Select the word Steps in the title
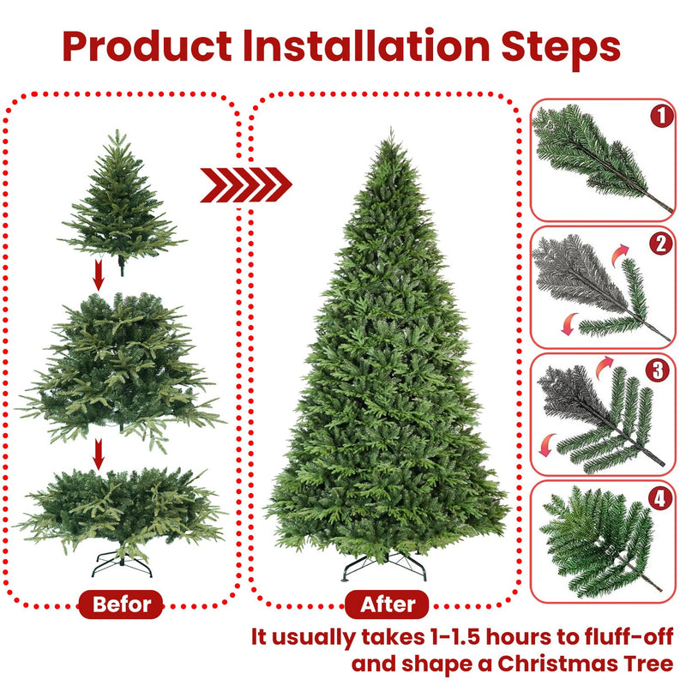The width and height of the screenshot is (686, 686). coord(564,47)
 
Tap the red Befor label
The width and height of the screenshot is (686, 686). coord(121,604)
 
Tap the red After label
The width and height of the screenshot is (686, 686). coord(388,604)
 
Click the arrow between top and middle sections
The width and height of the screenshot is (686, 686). coord(99,276)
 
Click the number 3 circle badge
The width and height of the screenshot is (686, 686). coord(659,370)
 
